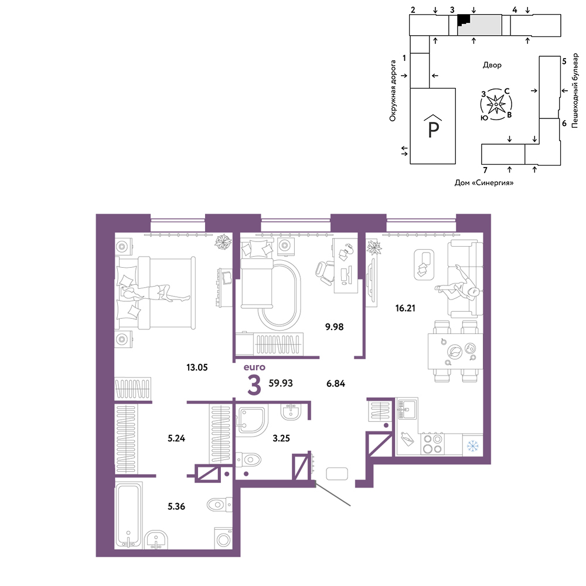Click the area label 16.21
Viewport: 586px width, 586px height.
point(405,308)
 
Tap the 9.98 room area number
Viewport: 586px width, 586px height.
point(334,327)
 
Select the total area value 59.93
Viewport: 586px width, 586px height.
point(281,383)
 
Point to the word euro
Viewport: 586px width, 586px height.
point(254,367)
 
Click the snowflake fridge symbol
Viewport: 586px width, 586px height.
point(473,445)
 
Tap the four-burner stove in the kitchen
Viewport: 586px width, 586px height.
point(432,444)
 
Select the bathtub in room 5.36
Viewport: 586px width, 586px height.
point(129,516)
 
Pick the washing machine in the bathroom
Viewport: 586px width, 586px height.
point(223,538)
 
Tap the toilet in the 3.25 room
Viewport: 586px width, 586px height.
point(248,459)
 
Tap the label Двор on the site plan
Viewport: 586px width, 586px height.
point(492,65)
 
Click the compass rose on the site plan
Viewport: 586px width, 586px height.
point(496,104)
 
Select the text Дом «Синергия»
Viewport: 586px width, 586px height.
point(483,183)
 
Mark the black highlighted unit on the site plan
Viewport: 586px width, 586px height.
point(463,19)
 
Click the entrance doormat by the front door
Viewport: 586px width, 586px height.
point(337,474)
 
